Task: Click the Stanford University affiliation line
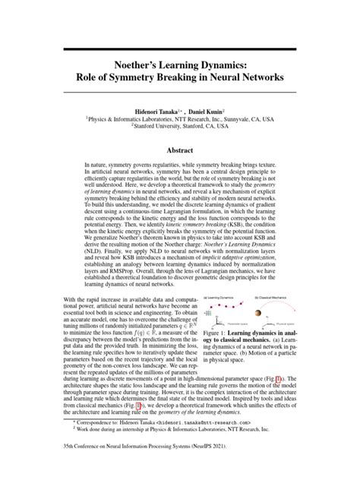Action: point(179,127)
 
